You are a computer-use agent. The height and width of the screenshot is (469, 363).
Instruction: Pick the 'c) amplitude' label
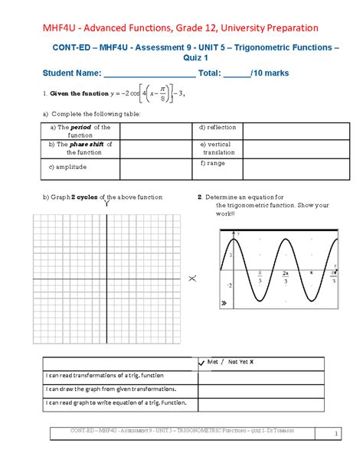[x=67, y=166]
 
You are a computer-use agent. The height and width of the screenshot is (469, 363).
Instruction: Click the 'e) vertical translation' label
[x=219, y=148]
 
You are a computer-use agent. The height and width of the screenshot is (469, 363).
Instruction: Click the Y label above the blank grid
[x=106, y=205]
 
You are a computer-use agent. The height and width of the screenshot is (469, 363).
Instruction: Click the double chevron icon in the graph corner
[x=224, y=304]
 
